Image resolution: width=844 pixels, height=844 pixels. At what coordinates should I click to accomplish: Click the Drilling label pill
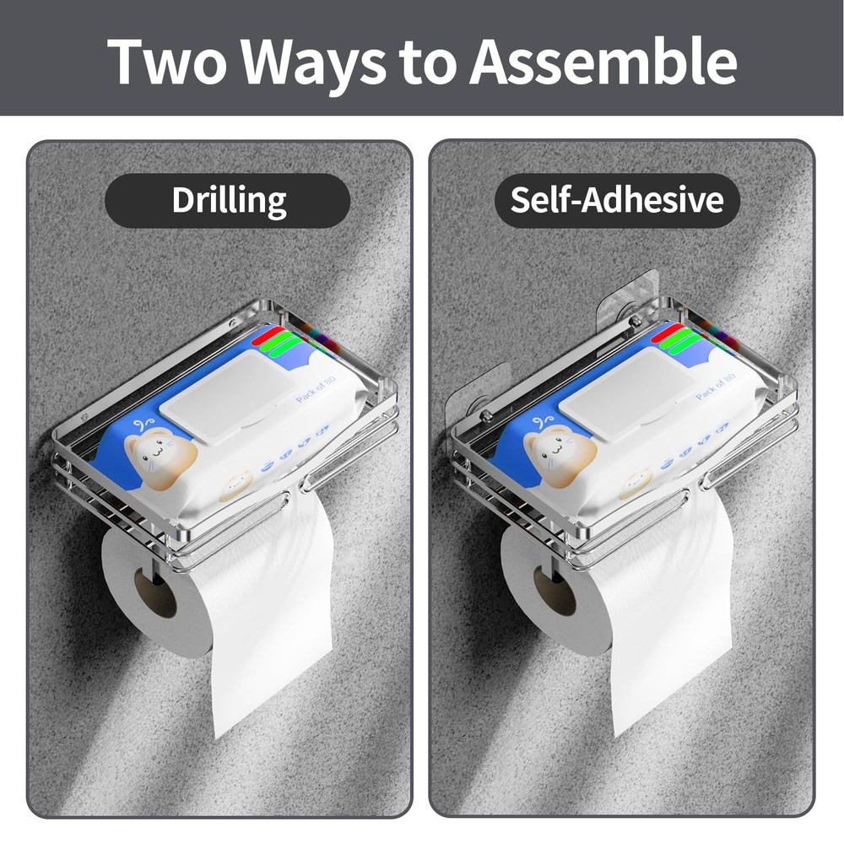tap(228, 201)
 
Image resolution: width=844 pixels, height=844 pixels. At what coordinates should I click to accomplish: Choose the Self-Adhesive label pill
tap(617, 200)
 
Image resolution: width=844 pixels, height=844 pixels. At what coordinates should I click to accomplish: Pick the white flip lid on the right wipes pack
tap(625, 394)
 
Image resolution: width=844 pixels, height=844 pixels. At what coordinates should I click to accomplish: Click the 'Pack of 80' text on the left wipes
tap(316, 388)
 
